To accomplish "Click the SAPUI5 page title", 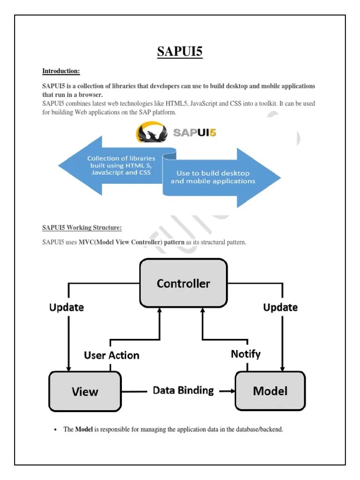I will (180, 51).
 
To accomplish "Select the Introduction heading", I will (61, 71).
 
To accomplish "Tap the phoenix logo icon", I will (150, 133).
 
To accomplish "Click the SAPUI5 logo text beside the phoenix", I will (195, 132).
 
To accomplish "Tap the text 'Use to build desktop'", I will (213, 173).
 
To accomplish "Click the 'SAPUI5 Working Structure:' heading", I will (82, 228).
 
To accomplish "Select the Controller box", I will (183, 283).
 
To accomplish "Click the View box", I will (85, 391).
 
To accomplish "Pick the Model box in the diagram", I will (270, 390).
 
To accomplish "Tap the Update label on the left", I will (67, 307).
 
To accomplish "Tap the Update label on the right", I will (280, 307).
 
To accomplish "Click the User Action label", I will (112, 355).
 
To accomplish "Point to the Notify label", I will (246, 354).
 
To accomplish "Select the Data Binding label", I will (183, 390).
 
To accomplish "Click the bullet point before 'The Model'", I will (55, 429).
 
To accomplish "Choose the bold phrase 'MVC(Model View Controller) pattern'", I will (131, 242).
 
